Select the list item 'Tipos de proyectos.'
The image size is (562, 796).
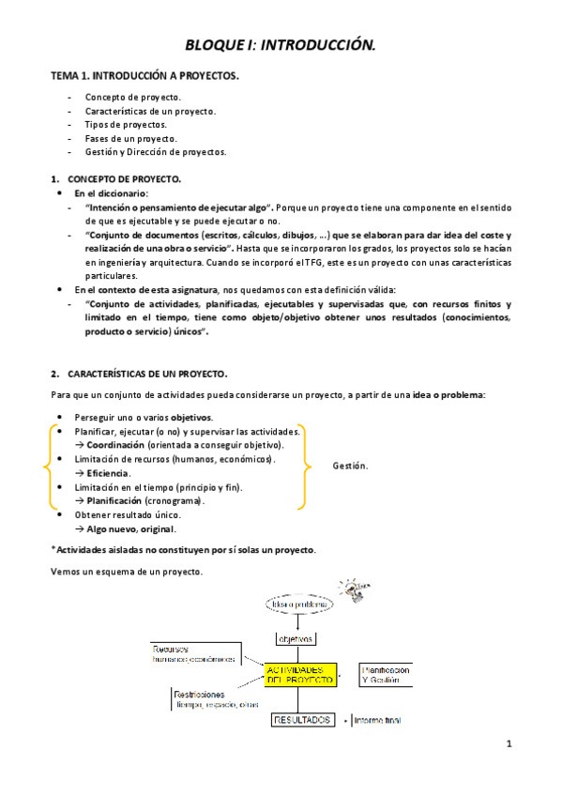126,124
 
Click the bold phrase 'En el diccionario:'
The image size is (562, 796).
111,192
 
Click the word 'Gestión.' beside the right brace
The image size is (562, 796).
350,466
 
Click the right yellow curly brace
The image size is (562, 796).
302,466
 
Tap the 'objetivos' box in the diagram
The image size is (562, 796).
296,638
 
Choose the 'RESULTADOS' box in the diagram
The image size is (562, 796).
302,720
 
